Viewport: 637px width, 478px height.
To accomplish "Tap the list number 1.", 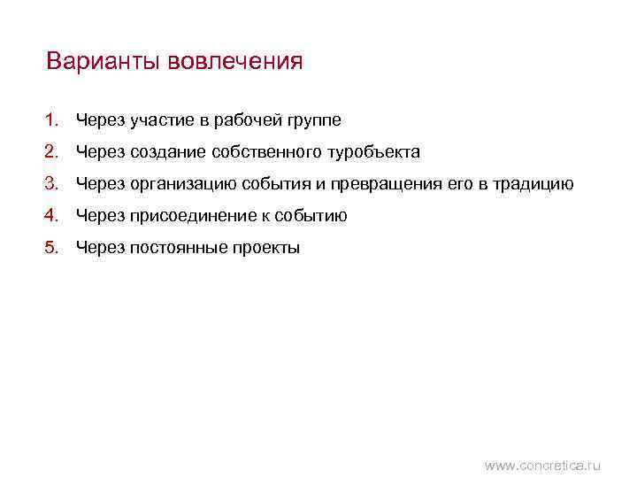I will [52, 119].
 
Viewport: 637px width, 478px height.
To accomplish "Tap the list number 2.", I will [52, 152].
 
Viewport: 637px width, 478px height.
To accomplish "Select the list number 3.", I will [52, 184].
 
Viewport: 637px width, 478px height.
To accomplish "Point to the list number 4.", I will [52, 216].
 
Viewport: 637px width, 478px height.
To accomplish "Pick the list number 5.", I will [52, 248].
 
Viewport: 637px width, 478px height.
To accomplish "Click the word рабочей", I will [244, 119].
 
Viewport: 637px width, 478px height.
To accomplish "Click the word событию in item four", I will [311, 216].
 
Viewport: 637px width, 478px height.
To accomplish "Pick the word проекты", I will [267, 248].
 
